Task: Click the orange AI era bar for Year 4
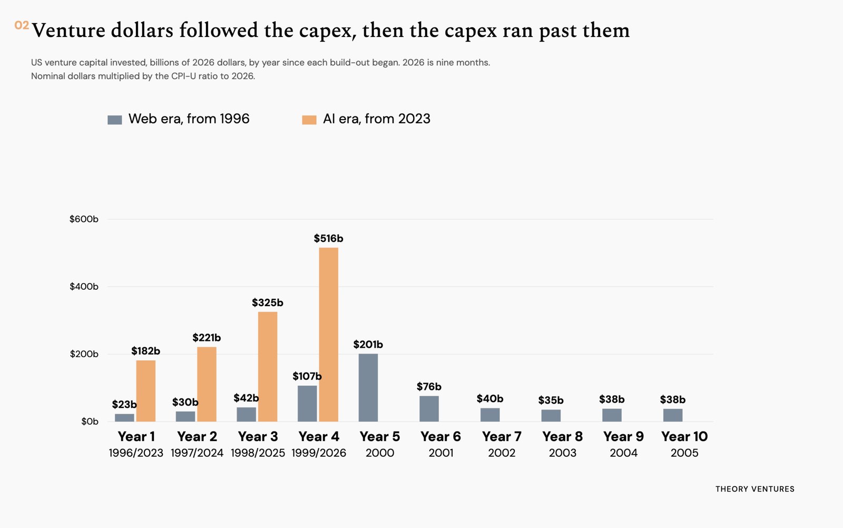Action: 329,335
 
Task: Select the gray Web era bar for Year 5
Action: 368,388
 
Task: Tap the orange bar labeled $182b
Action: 145,391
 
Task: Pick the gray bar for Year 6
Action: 429,409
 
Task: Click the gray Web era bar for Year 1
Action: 124,418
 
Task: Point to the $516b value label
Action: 329,239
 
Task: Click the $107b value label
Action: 307,376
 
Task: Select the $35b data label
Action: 551,400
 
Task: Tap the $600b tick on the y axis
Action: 84,219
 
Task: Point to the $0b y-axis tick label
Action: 90,422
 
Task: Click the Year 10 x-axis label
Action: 684,436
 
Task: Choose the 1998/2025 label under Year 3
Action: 258,453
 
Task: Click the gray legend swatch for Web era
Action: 115,120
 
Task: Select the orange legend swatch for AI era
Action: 309,120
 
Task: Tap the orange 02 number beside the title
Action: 22,25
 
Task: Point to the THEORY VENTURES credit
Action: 755,489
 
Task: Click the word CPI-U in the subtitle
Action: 183,76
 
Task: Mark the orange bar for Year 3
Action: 268,367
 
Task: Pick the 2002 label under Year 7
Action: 502,453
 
